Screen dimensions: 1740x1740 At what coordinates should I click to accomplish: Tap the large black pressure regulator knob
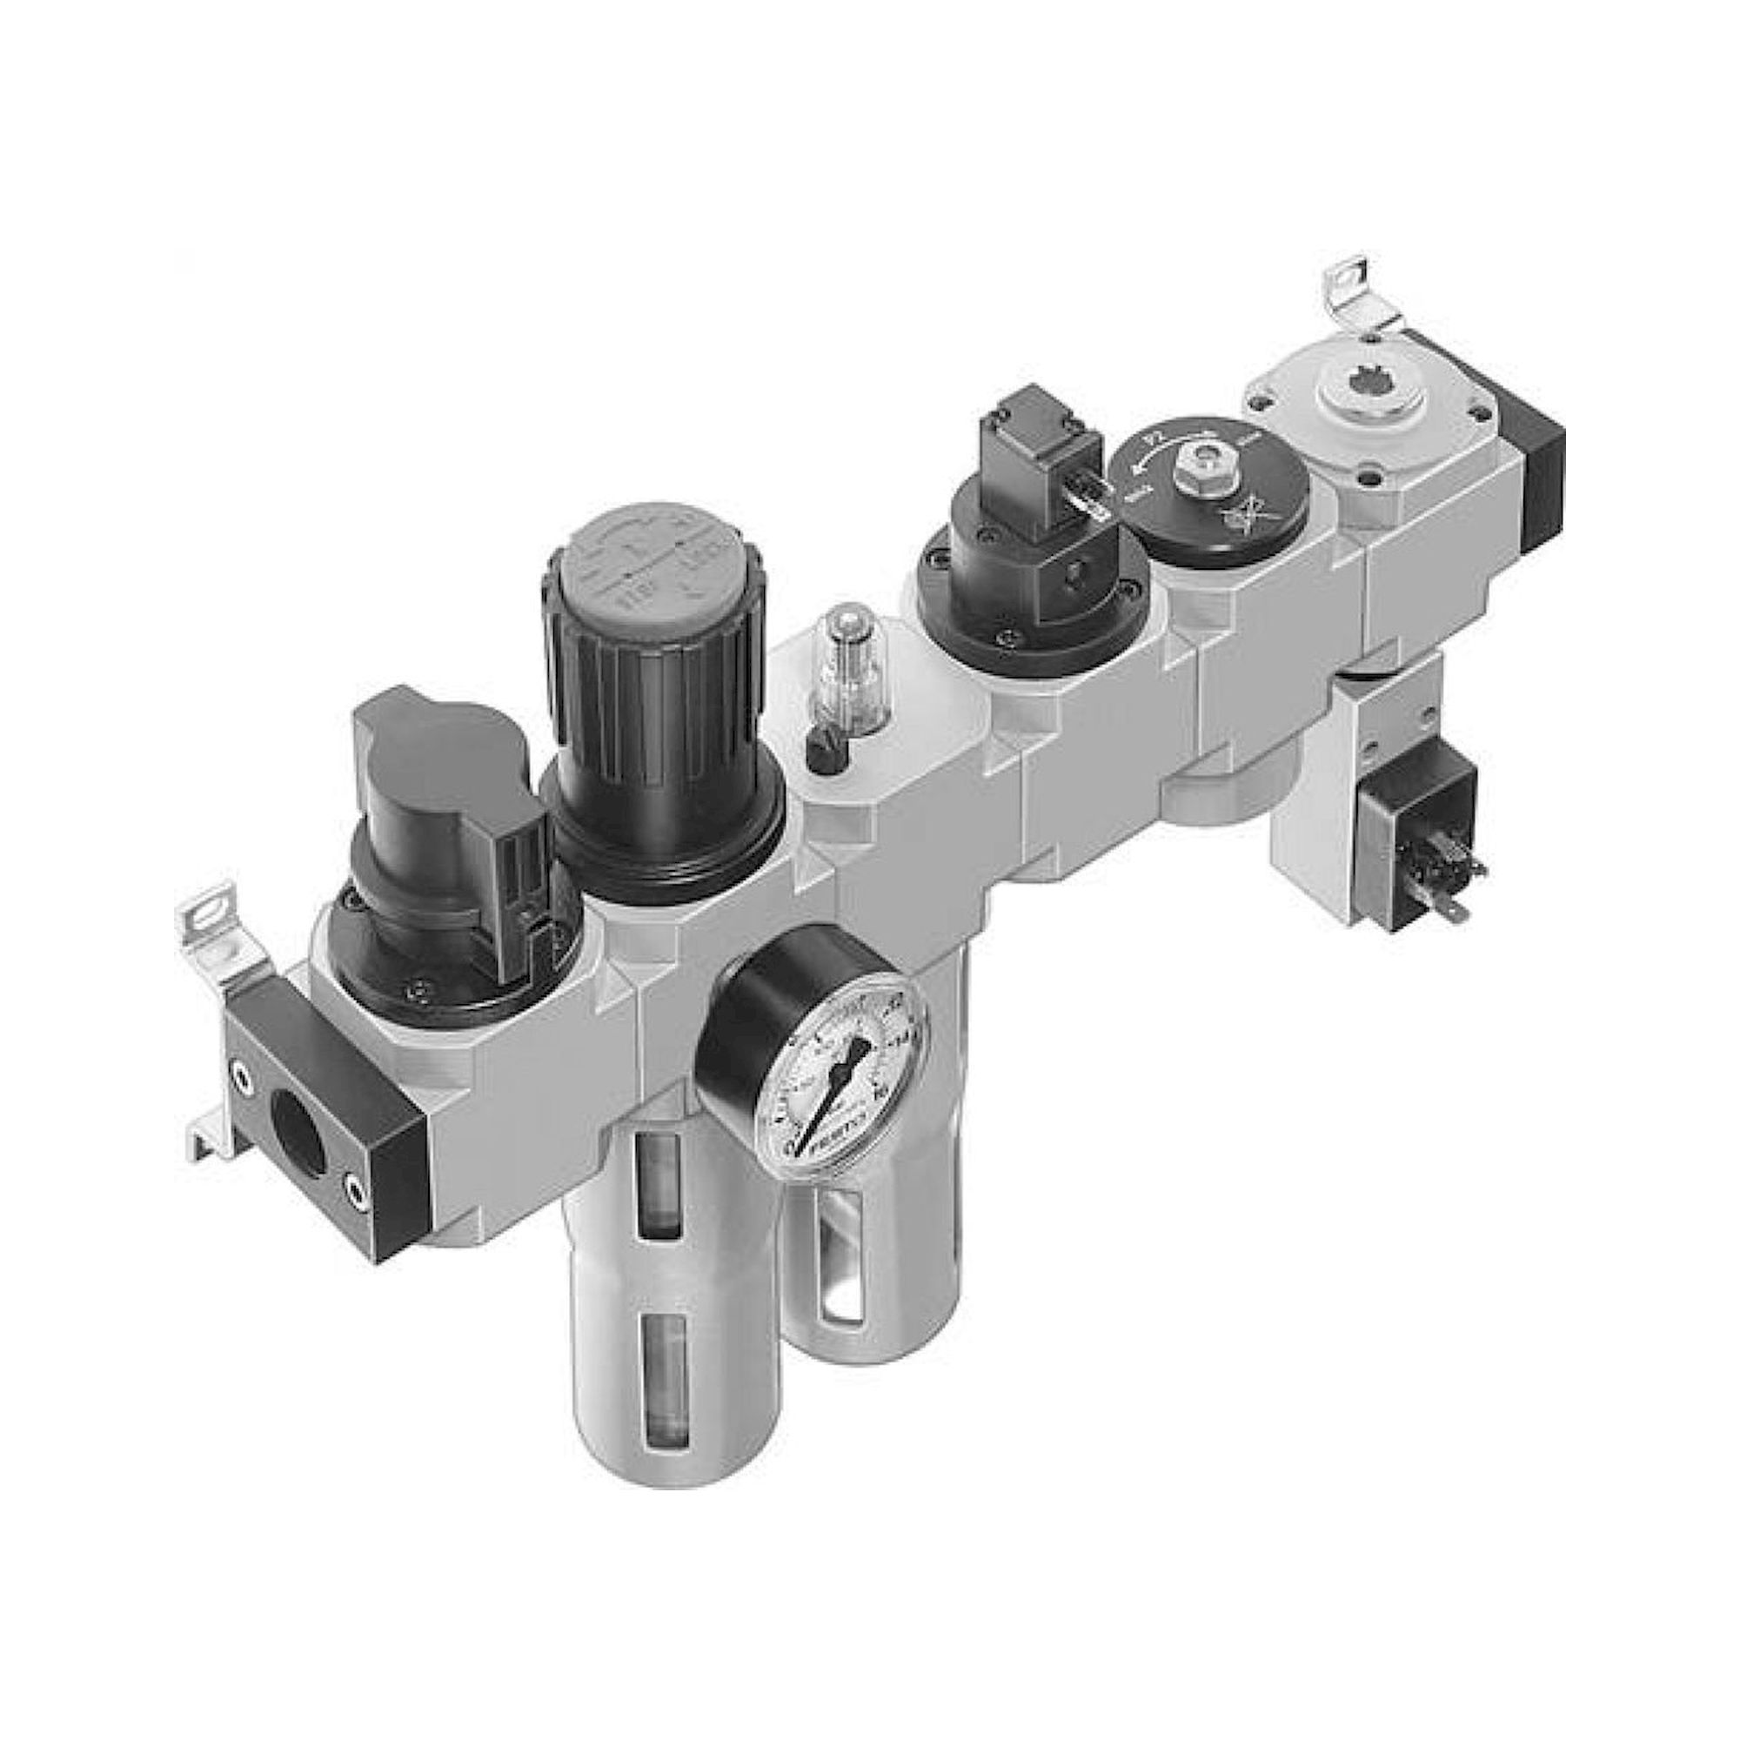coord(662,712)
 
